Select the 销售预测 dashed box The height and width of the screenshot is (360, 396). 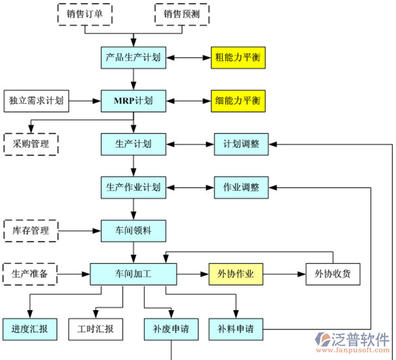[181, 14]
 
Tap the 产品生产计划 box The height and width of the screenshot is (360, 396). [133, 58]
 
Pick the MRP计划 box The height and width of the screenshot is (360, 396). [133, 100]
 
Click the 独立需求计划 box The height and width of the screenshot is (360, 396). [35, 100]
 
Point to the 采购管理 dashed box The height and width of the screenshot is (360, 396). [31, 144]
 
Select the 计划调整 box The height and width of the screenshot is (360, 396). [241, 144]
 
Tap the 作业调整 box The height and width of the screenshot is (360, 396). [241, 187]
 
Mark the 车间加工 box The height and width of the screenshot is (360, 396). [133, 274]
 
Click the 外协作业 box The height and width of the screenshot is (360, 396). [236, 274]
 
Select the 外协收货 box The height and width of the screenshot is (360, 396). [333, 274]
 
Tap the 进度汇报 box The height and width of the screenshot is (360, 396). [29, 328]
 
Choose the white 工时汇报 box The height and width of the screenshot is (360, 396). [95, 328]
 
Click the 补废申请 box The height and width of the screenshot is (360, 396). [171, 328]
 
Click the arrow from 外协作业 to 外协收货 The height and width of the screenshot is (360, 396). [284, 274]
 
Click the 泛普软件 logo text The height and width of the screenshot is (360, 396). [362, 339]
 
